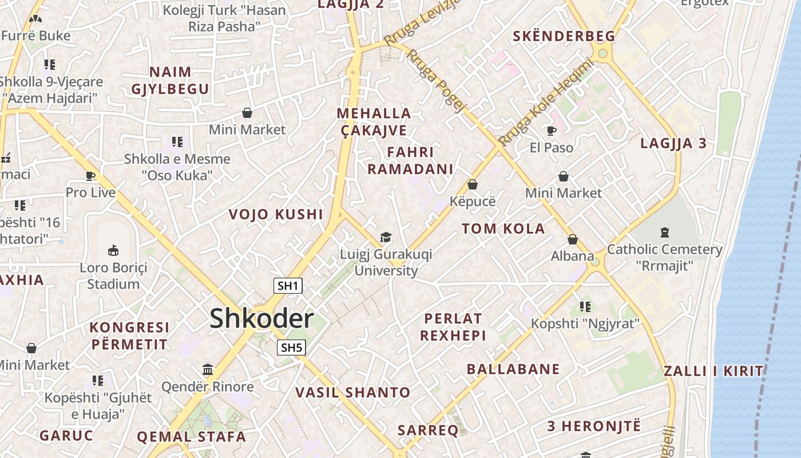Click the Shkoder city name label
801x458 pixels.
pyautogui.click(x=261, y=318)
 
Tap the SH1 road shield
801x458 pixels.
pyautogui.click(x=287, y=286)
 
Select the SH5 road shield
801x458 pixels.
pyautogui.click(x=291, y=347)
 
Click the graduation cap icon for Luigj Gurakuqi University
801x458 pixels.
pyautogui.click(x=386, y=238)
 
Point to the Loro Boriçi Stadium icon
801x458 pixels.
pyautogui.click(x=113, y=250)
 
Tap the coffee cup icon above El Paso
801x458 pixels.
pyautogui.click(x=552, y=131)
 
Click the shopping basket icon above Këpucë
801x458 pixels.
pyautogui.click(x=473, y=184)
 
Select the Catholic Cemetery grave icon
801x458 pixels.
pyautogui.click(x=664, y=232)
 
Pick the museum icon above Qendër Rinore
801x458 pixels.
pyautogui.click(x=208, y=370)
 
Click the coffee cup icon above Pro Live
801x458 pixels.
pyautogui.click(x=90, y=176)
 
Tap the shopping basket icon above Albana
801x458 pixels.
pyautogui.click(x=573, y=239)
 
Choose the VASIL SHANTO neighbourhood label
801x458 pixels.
pyautogui.click(x=353, y=393)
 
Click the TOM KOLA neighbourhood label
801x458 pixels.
pyautogui.click(x=503, y=229)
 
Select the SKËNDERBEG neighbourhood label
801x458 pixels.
pyautogui.click(x=564, y=36)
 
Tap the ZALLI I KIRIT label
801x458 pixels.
pyautogui.click(x=713, y=371)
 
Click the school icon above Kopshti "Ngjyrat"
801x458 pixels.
pyautogui.click(x=585, y=307)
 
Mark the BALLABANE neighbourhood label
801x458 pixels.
pyautogui.click(x=513, y=369)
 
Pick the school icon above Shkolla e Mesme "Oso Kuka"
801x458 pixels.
pyautogui.click(x=177, y=141)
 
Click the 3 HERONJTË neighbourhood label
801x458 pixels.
pyautogui.click(x=594, y=427)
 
